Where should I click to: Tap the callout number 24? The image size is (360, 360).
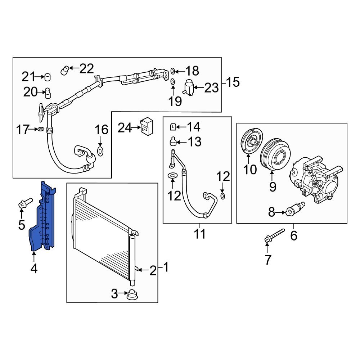click(125, 127)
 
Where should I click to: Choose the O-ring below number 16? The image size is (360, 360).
click(101, 150)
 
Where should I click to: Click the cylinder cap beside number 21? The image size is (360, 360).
click(47, 77)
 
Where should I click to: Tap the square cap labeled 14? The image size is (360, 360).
click(173, 126)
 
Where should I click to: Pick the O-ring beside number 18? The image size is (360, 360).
click(173, 71)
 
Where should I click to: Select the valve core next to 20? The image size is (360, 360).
click(47, 93)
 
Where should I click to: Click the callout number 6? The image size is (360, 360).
click(294, 236)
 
